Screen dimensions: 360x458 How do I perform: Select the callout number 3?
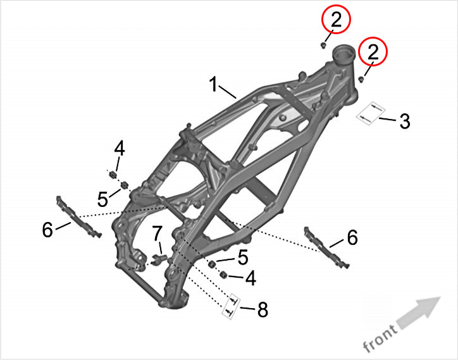(x=405, y=121)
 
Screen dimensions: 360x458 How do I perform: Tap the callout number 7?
(x=157, y=233)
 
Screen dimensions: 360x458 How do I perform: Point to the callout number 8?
(x=262, y=309)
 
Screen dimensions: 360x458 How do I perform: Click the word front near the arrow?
(x=380, y=337)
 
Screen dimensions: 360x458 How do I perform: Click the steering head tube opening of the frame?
(x=342, y=51)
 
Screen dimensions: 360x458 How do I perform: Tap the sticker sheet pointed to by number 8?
(x=232, y=307)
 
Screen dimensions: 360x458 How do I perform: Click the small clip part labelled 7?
(x=159, y=258)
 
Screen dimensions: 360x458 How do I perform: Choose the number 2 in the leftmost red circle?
(x=336, y=20)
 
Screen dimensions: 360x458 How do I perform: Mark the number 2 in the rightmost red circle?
(x=373, y=53)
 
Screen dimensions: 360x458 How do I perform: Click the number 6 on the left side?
(x=47, y=230)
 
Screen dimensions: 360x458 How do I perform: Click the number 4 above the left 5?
(x=119, y=149)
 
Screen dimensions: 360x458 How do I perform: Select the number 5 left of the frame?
(x=102, y=199)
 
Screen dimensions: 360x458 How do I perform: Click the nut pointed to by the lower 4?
(x=223, y=275)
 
